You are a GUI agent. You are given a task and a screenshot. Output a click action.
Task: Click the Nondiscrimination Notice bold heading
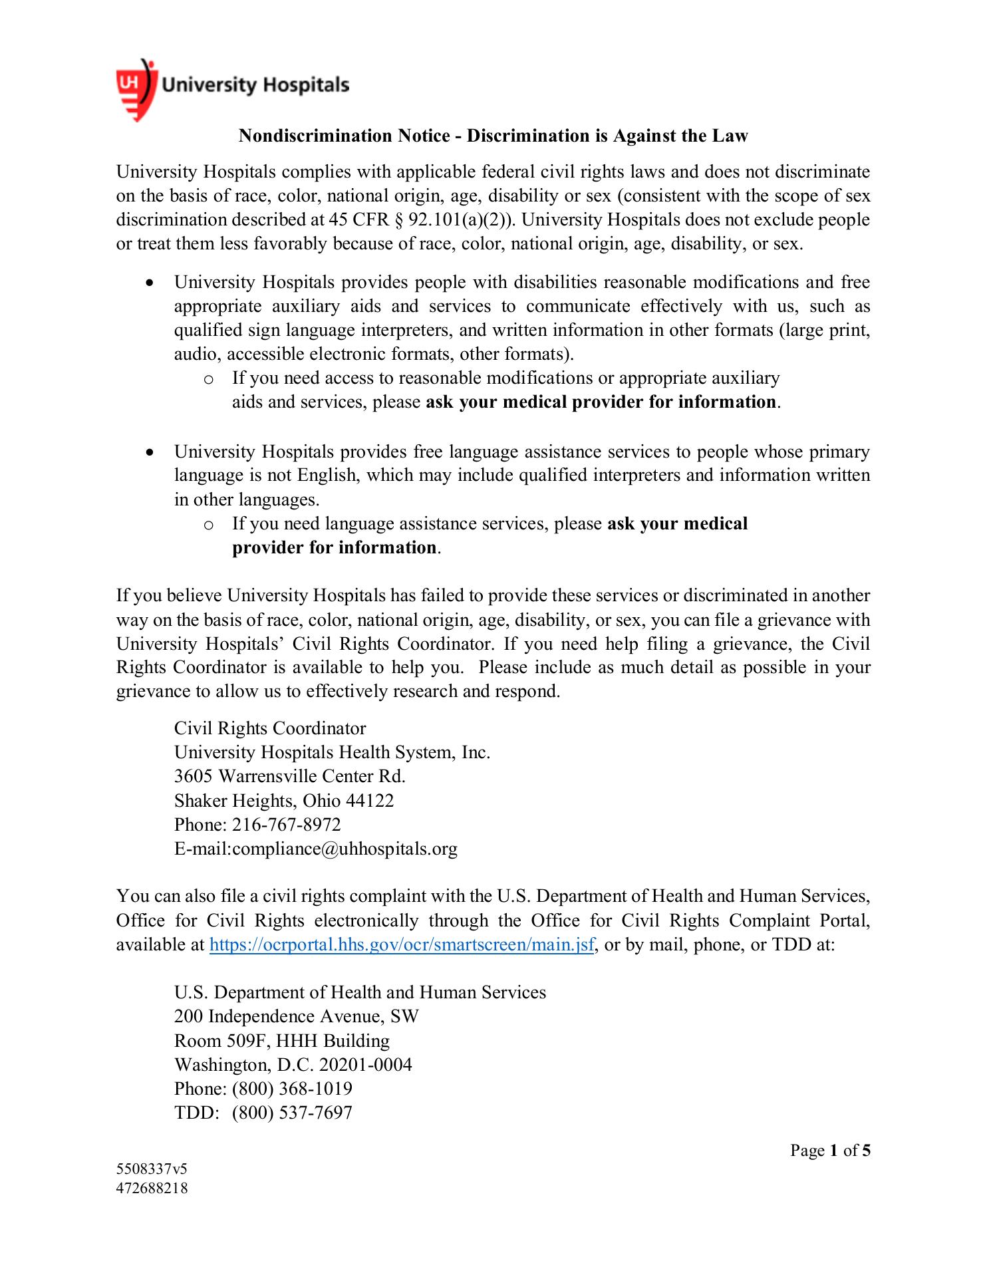tap(493, 136)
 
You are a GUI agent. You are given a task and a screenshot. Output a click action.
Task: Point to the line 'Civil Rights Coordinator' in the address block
tap(270, 728)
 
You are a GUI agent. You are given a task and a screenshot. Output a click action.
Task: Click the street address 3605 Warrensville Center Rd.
tap(289, 776)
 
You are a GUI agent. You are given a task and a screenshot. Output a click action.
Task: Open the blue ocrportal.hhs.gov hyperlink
tap(402, 945)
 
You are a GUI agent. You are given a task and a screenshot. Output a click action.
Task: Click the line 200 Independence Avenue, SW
tap(297, 1016)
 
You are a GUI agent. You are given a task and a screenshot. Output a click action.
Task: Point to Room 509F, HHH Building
tap(282, 1041)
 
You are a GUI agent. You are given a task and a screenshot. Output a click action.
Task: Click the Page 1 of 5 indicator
tap(830, 1151)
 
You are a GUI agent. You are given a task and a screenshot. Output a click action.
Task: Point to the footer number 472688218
tap(152, 1188)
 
